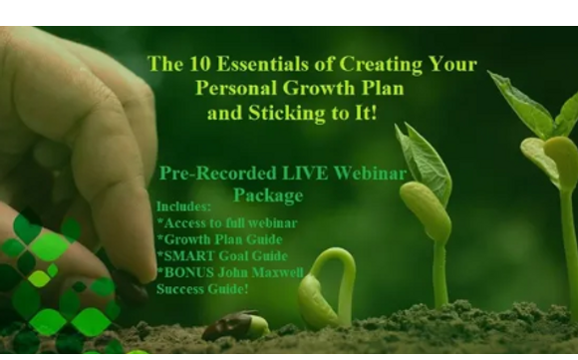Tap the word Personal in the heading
[239, 89]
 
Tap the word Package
[268, 194]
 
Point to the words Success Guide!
[202, 289]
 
